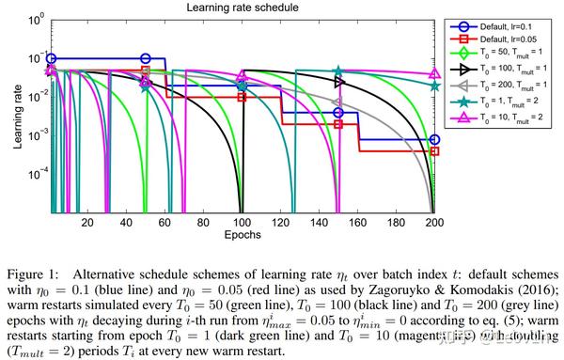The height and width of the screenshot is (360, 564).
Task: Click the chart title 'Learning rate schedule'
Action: click(242, 7)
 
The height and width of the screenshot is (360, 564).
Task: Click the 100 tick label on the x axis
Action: click(242, 222)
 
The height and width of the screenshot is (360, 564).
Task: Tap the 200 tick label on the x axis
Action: click(434, 222)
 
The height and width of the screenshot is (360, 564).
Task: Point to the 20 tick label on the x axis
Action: click(87, 222)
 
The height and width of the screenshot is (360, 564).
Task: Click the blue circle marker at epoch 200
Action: click(434, 139)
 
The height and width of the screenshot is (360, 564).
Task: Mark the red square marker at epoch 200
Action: click(434, 150)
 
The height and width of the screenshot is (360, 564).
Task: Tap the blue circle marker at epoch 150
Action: click(338, 113)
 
